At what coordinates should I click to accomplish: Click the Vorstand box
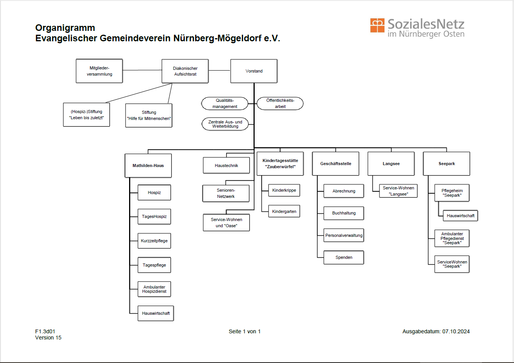coord(254,71)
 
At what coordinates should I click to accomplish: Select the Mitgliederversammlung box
coord(99,71)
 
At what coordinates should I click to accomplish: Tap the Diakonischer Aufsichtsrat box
coord(185,71)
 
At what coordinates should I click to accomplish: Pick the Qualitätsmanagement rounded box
coord(225,103)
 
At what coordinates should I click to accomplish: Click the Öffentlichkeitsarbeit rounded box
coord(280,103)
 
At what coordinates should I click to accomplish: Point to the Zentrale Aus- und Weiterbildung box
coord(225,124)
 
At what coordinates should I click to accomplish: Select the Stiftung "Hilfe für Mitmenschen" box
coord(149,115)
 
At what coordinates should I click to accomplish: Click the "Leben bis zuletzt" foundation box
coord(87,115)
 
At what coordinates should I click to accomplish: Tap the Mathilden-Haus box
coord(148,165)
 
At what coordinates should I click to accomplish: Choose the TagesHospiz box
coord(154,216)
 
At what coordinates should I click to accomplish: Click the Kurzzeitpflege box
coord(154,241)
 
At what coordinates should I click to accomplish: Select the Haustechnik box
coord(226,165)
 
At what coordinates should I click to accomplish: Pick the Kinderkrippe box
coord(284,190)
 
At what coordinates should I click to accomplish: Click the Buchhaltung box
coord(344,213)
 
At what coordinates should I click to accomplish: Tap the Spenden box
coord(344,257)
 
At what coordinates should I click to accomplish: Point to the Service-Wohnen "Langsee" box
coord(398,191)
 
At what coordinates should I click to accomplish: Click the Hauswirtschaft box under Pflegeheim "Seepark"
coord(460,216)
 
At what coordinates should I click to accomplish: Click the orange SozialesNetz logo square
coord(377,25)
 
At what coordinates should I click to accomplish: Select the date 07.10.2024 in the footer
coord(456,331)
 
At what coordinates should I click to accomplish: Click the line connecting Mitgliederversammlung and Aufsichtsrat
coord(142,70)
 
